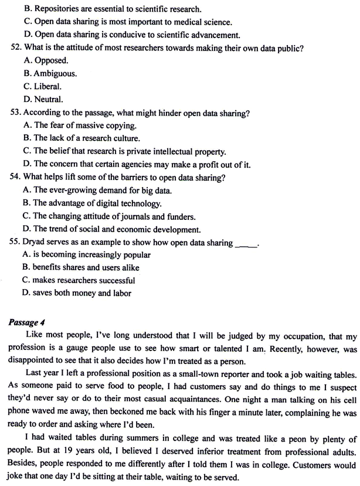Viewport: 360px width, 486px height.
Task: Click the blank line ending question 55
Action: (x=245, y=244)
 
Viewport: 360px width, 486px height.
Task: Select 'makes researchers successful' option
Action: (x=76, y=280)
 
